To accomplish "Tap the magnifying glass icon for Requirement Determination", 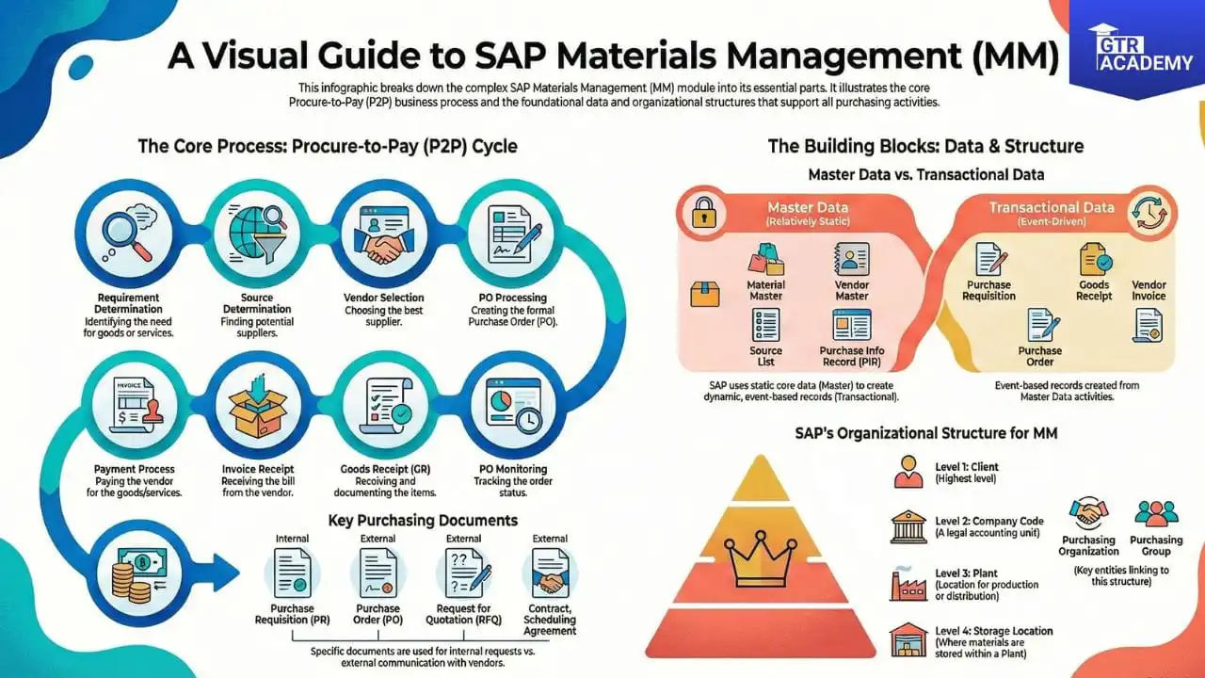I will click(x=128, y=234).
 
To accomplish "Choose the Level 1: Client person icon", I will click(x=908, y=472).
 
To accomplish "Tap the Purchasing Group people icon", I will click(x=1156, y=514).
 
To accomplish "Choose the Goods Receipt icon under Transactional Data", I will click(x=1094, y=259).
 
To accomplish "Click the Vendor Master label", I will click(x=852, y=290).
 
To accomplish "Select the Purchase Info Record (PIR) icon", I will click(x=852, y=325).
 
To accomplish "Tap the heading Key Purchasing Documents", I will click(x=423, y=520).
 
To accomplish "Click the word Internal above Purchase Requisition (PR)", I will click(x=292, y=539).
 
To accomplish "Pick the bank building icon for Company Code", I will click(x=908, y=526).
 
